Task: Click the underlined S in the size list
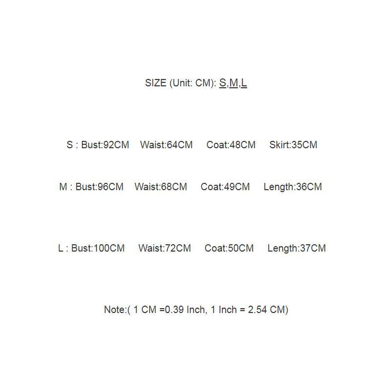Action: click(222, 83)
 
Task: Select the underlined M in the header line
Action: click(233, 83)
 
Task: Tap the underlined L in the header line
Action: click(244, 83)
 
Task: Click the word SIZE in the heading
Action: click(155, 83)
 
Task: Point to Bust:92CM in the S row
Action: click(106, 145)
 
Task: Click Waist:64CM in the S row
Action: click(166, 145)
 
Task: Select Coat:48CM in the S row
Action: click(231, 145)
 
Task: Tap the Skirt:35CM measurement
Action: click(293, 145)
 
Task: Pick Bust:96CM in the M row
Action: click(100, 187)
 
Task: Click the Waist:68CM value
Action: click(161, 187)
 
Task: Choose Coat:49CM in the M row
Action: click(225, 187)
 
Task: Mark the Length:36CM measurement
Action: click(292, 187)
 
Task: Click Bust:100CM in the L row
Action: click(98, 248)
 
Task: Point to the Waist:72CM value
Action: click(164, 248)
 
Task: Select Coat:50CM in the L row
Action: click(229, 248)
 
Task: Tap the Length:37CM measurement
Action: click(297, 248)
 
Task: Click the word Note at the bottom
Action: click(114, 310)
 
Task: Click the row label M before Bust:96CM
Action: click(63, 187)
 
